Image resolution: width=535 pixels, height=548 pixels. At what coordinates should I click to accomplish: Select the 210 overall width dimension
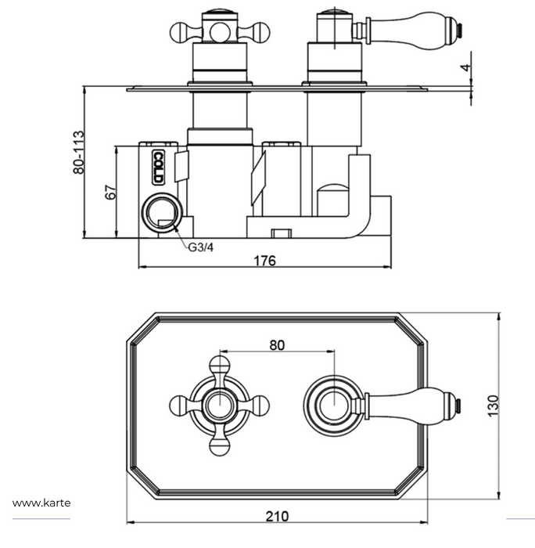point(277,515)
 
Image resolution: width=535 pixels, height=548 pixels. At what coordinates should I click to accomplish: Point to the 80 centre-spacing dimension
point(277,344)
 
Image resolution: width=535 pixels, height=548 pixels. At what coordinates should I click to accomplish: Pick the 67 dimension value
point(110,192)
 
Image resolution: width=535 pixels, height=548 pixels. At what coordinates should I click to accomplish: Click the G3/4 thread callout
point(199,248)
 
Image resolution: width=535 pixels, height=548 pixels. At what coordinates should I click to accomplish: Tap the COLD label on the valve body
point(157,166)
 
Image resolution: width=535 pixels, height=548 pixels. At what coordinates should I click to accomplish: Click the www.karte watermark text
point(41,503)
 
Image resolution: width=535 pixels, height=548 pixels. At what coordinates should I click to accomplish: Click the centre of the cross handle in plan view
point(219,406)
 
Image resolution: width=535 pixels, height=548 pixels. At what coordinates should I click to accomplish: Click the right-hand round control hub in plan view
point(332,406)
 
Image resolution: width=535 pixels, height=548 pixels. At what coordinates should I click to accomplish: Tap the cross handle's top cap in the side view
point(219,15)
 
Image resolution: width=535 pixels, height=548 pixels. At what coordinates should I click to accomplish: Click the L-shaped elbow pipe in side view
point(361,207)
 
